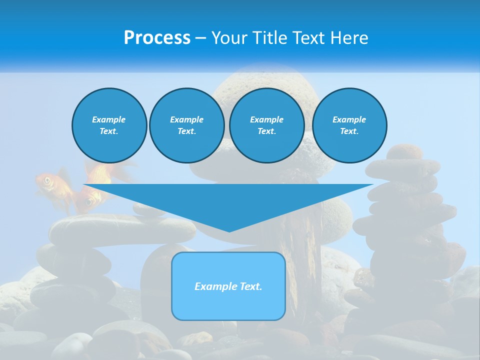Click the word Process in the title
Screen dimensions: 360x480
coord(157,38)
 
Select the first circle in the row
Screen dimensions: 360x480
coord(109,125)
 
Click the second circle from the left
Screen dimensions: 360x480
coord(187,125)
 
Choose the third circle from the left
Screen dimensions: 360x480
coord(267,125)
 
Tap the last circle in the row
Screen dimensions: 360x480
coord(349,125)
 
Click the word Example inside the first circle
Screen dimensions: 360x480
coord(109,119)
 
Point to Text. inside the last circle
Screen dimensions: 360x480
coord(349,131)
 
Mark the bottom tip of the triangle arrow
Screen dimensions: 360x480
coord(229,231)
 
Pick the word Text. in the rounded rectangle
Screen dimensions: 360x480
coord(250,286)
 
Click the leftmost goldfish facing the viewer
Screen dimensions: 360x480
coord(47,182)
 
